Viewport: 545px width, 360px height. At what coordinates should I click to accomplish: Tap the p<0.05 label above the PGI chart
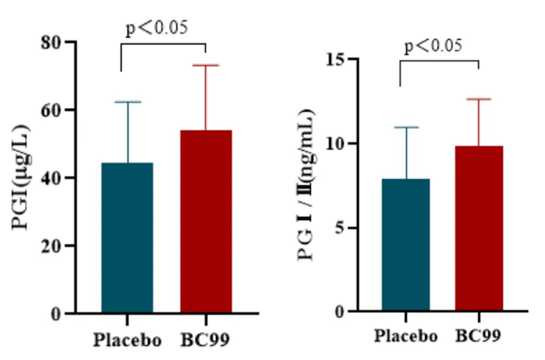156,29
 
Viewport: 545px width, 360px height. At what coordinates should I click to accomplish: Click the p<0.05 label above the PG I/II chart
433,46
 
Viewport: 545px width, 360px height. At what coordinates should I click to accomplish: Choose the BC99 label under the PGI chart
206,341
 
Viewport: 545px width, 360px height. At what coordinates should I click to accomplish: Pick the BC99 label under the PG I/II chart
479,336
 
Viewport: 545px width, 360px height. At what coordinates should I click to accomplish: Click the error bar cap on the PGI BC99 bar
206,65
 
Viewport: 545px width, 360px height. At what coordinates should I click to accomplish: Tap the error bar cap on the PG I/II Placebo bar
406,128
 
